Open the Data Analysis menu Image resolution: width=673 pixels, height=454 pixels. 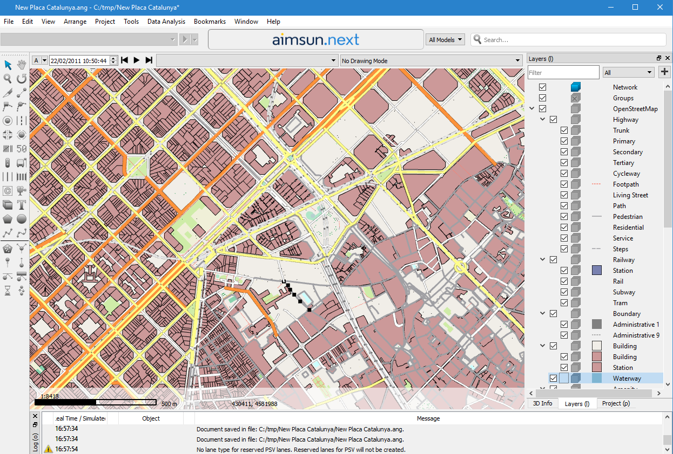point(166,22)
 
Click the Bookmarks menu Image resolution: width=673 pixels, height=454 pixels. point(210,22)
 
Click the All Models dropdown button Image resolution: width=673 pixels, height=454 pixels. point(446,39)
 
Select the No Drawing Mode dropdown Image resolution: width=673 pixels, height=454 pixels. point(430,61)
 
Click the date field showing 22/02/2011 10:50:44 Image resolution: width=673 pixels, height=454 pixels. point(79,61)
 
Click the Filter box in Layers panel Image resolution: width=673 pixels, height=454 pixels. point(563,72)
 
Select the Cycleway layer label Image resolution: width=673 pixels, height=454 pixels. point(626,174)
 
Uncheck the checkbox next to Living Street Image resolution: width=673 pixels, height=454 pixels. point(564,195)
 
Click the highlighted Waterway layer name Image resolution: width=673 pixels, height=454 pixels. point(627,379)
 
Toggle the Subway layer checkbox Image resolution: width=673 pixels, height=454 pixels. point(564,292)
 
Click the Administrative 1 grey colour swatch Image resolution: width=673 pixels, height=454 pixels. point(597,324)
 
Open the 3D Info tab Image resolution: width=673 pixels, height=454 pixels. point(542,403)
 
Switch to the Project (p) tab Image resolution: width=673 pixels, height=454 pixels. point(615,403)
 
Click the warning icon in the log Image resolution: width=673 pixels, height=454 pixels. point(49,449)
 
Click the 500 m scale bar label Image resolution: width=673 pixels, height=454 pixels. point(169,404)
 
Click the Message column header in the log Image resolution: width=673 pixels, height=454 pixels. point(428,418)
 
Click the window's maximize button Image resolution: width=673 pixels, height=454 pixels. point(635,7)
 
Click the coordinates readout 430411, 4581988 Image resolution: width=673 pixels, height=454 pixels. point(254,404)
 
